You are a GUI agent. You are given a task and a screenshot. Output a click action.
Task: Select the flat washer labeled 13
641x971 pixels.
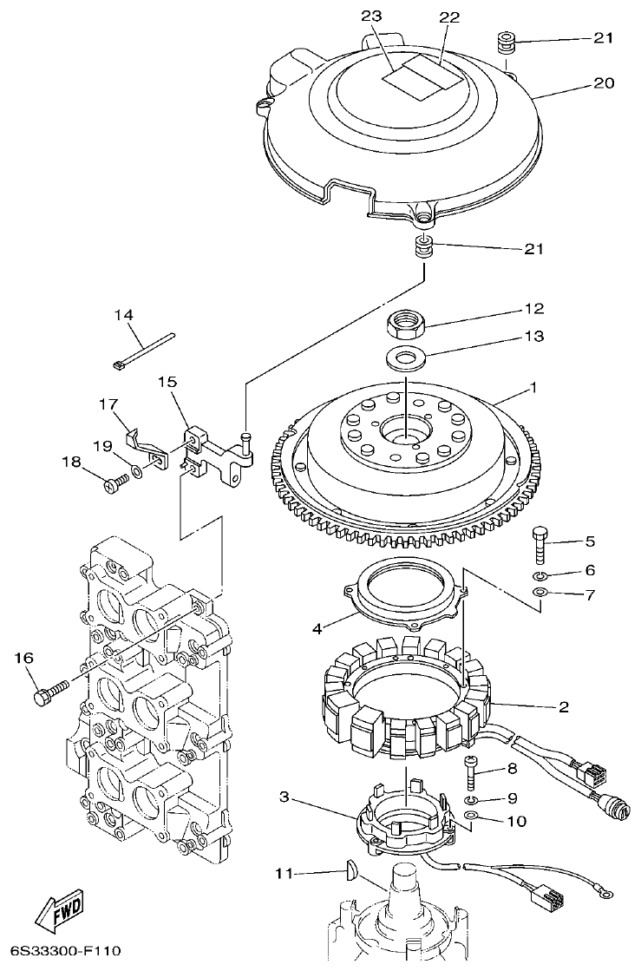pos(404,355)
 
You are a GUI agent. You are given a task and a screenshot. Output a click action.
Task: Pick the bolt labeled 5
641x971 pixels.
pos(540,547)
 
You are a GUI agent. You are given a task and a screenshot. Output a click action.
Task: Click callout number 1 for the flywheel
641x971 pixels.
pos(533,388)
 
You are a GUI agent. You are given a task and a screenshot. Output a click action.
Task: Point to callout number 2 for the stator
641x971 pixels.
pos(563,707)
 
